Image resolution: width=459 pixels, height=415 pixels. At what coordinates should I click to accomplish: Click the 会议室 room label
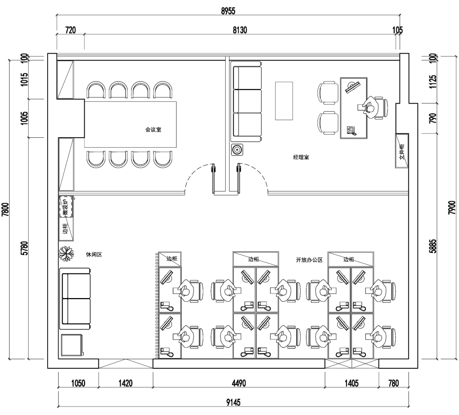coord(153,129)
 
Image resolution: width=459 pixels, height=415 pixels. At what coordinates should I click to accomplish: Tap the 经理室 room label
coord(301,157)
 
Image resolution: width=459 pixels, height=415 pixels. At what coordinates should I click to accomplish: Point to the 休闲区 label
coord(94,254)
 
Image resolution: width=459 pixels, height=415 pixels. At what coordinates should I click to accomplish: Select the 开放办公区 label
coord(309,260)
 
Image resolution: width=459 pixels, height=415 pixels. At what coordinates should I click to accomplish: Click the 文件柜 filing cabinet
coord(402,151)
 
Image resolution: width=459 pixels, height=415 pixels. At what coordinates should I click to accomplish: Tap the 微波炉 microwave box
coord(66,207)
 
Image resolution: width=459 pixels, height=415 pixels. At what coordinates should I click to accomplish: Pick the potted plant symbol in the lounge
coord(66,253)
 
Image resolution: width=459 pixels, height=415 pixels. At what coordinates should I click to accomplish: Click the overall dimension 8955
coord(228,11)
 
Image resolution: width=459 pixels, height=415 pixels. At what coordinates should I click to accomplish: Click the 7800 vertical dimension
coord(5,209)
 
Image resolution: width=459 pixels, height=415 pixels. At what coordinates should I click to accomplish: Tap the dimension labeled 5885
coord(433,246)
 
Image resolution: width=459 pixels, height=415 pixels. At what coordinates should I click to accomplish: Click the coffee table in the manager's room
coord(284,101)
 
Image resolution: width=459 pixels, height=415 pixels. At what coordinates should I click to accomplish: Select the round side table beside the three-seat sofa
coord(237,150)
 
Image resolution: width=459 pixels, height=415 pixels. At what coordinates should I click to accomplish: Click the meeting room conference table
coord(131,124)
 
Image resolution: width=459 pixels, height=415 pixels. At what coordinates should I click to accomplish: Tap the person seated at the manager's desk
coord(370,107)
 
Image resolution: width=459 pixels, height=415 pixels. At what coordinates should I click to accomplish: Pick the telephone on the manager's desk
coord(351,131)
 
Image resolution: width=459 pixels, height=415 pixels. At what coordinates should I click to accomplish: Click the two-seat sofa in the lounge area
coord(75,299)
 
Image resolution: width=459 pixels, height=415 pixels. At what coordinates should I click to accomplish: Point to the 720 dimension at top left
coord(71,30)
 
